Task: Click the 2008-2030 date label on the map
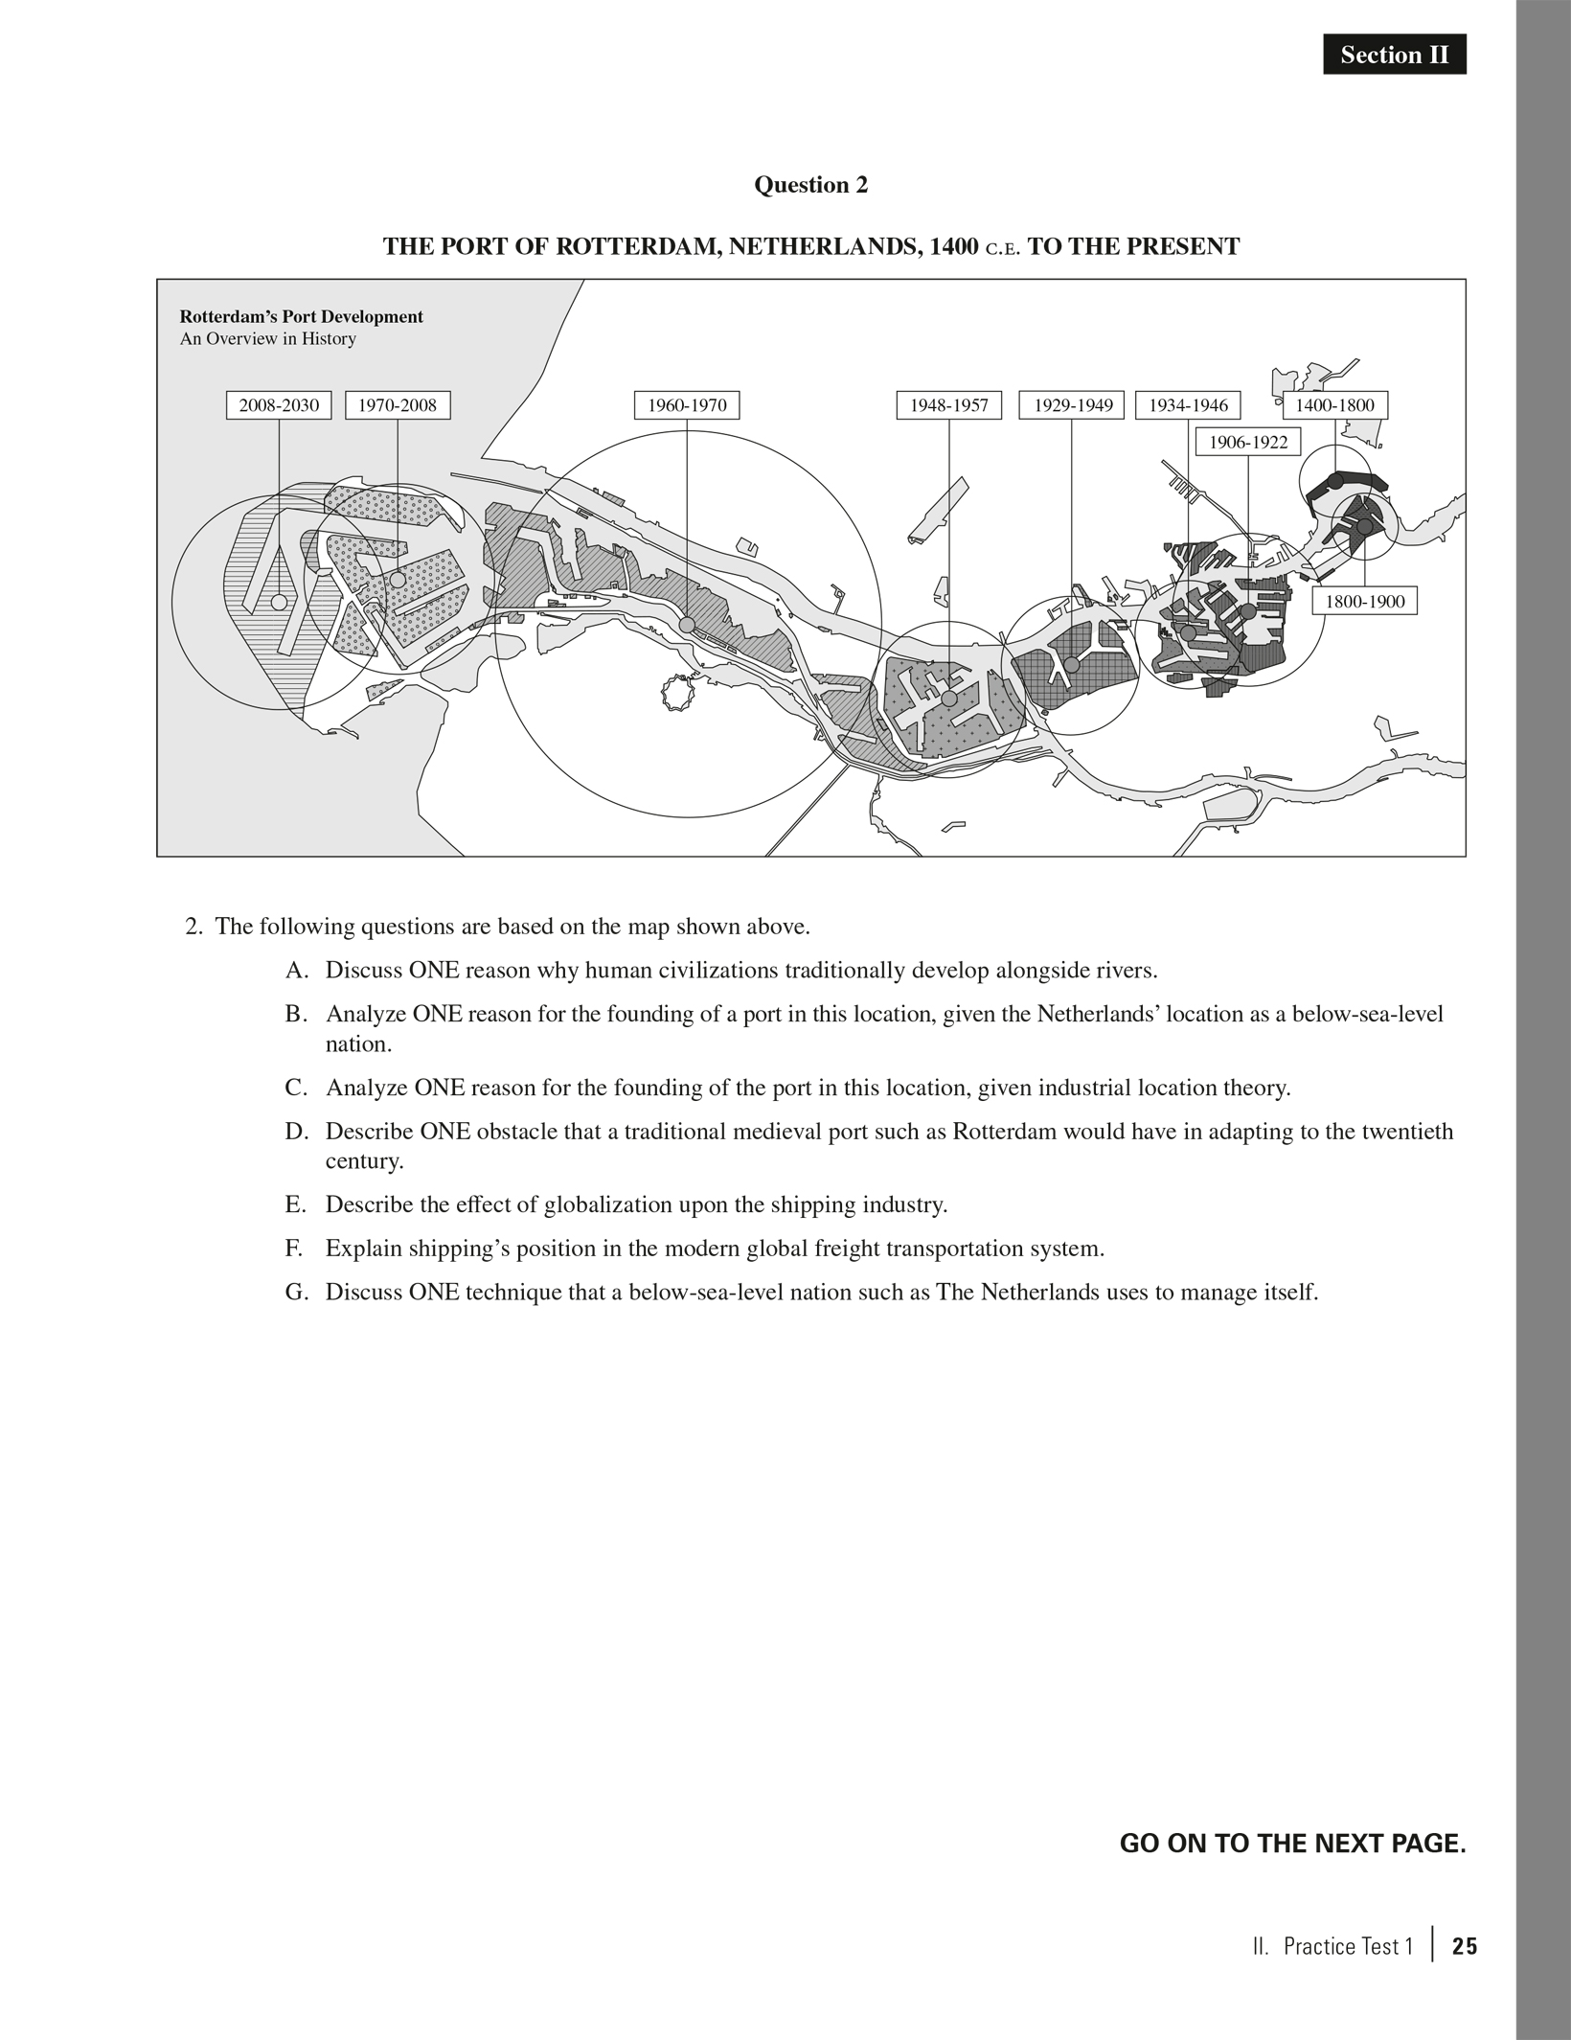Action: (x=279, y=405)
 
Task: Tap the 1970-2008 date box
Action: (x=397, y=405)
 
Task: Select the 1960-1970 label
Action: (x=687, y=405)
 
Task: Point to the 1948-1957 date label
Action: (x=948, y=405)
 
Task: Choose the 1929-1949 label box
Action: (x=1072, y=405)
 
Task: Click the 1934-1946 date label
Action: (x=1188, y=405)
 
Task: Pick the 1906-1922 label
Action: (x=1248, y=442)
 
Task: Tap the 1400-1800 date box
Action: (x=1334, y=405)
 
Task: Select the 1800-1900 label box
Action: (x=1364, y=601)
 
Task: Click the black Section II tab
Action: (x=1394, y=56)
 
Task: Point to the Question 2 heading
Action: (x=810, y=185)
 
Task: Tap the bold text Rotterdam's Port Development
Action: (x=301, y=317)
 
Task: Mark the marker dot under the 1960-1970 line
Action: (x=687, y=625)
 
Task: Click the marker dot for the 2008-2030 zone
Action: (x=279, y=602)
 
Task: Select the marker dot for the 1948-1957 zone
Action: (x=948, y=699)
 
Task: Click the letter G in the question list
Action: (x=295, y=1292)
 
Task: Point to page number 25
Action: (x=1465, y=1946)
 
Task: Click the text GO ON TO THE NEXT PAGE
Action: (x=1292, y=1844)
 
